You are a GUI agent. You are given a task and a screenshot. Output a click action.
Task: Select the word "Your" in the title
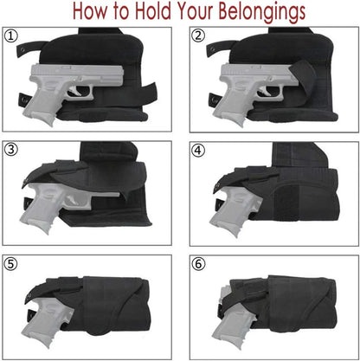(223, 12)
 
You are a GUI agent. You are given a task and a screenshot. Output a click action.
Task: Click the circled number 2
(199, 35)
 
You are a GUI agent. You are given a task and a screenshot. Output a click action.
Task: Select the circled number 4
(199, 150)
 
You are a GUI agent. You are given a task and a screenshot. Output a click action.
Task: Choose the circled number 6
(199, 263)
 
